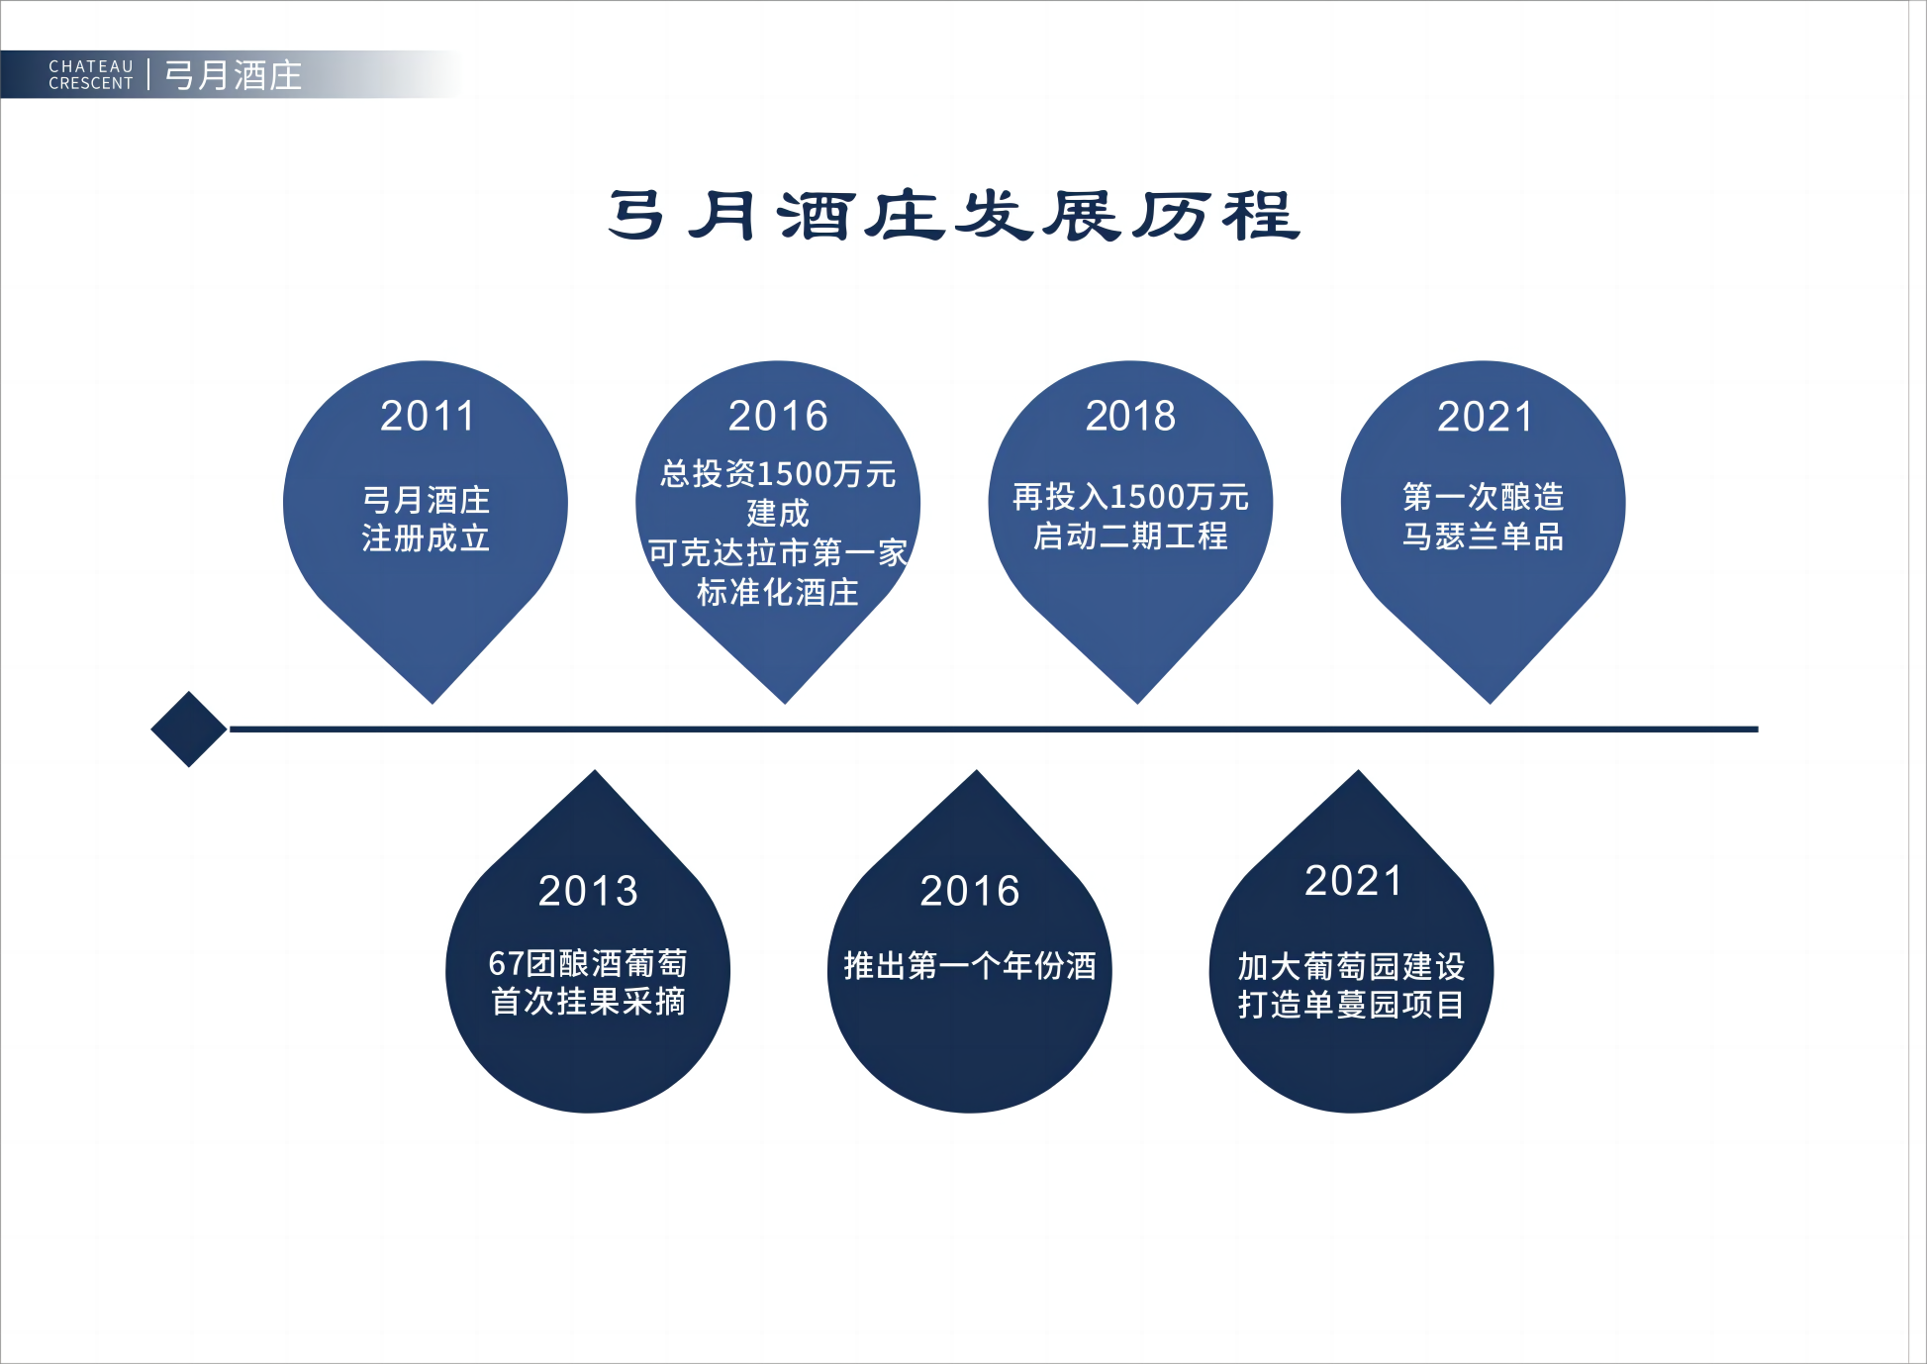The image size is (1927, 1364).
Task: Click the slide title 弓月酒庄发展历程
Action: coord(954,216)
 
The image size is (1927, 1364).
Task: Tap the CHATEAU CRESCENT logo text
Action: coord(91,75)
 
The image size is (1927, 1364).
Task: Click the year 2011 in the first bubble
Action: coord(428,416)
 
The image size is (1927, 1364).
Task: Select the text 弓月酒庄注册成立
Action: coord(426,519)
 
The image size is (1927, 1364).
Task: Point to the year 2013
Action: coord(588,891)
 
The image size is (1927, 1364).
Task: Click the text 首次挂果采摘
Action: coord(588,1002)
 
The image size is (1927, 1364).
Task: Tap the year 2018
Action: coord(1130,416)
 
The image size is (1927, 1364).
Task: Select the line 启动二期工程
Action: coord(1130,536)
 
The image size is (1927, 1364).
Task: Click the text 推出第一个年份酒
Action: coord(970,965)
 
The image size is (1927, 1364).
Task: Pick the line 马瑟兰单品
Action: coord(1483,536)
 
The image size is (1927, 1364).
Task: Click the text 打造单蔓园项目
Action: coord(1351,1005)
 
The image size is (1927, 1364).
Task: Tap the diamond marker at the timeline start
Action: coord(189,729)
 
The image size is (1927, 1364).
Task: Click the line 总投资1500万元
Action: coord(778,474)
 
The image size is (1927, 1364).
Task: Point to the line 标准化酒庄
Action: coord(778,592)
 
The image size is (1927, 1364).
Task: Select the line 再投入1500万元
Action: coord(1130,496)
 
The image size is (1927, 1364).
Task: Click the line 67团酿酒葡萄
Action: coord(588,963)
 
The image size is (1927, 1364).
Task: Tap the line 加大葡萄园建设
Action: coord(1351,966)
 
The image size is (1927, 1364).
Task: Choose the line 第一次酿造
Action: coord(1483,496)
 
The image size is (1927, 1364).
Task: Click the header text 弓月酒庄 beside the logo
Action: coord(234,75)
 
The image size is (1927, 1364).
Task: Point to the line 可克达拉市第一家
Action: coord(778,552)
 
